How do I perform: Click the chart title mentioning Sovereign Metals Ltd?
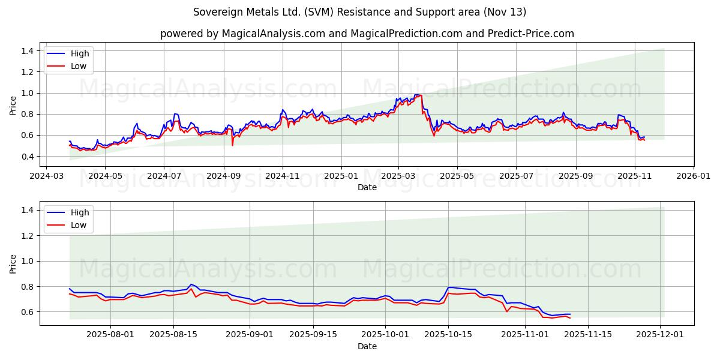[x=359, y=12]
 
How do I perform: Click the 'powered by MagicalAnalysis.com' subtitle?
[x=367, y=34]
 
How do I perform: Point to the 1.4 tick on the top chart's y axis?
[x=26, y=51]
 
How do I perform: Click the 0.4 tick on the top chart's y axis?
[x=26, y=157]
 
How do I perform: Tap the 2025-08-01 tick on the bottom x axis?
[x=111, y=334]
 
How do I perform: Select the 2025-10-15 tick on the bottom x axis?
[x=448, y=334]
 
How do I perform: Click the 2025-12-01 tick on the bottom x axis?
[x=661, y=334]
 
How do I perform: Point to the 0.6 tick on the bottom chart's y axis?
[x=26, y=312]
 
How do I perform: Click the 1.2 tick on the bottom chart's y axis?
[x=26, y=236]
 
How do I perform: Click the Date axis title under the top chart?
[x=367, y=187]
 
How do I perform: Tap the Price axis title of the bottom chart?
[x=13, y=263]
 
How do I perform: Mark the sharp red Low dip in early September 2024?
[x=232, y=145]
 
